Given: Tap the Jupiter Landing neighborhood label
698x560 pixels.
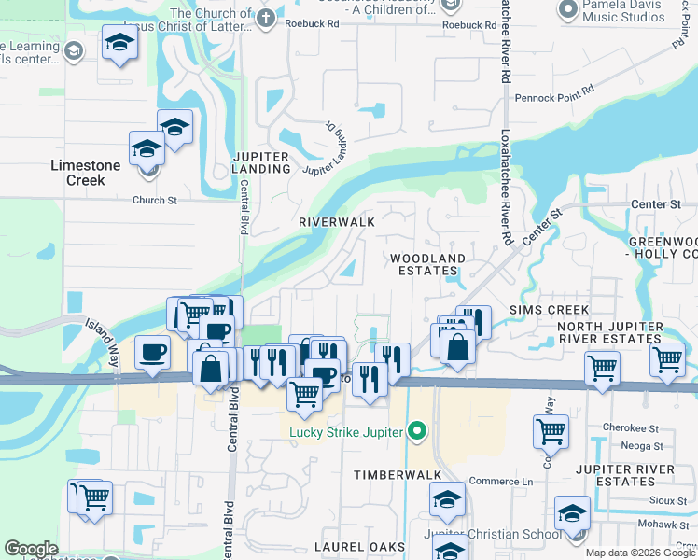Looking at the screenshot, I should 262,162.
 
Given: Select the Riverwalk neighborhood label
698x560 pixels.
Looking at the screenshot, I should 336,222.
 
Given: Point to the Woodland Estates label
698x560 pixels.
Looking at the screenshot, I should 427,264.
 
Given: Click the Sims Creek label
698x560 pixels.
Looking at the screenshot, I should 549,309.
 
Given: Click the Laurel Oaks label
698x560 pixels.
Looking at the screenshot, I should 359,546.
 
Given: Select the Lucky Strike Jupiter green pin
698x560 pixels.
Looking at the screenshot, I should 417,431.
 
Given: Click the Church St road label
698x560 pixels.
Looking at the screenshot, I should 154,200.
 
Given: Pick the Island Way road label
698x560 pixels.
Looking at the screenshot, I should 104,330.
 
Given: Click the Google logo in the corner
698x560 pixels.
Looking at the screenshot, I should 31,549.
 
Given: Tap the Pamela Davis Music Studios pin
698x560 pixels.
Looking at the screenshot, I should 567,11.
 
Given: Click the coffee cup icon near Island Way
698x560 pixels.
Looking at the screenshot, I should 152,353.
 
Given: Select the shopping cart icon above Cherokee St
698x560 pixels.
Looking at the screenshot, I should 551,432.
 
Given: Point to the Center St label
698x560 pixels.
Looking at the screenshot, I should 656,204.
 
